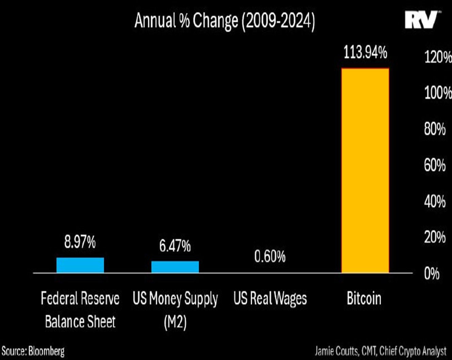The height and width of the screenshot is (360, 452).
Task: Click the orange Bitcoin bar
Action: point(365,170)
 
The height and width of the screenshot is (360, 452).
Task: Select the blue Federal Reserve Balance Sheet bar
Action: point(80,265)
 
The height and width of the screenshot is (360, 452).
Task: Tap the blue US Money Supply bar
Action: point(175,267)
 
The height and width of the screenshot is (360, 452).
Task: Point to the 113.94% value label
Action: point(365,53)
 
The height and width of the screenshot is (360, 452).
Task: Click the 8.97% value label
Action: point(80,242)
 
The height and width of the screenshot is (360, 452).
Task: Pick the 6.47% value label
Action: point(175,246)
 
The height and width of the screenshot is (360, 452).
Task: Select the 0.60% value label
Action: point(270,256)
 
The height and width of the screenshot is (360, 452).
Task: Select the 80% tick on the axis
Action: point(435,129)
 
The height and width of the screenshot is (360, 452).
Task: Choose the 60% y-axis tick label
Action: point(435,165)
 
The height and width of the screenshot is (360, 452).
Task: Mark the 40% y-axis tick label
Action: point(435,202)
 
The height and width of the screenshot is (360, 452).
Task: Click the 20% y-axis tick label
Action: point(435,237)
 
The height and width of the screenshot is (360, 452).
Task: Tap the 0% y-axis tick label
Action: point(432,273)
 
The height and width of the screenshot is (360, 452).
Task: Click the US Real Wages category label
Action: point(270,299)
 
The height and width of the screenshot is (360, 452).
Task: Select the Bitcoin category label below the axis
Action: point(364,299)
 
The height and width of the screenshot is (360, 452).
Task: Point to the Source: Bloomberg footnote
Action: point(33,351)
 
